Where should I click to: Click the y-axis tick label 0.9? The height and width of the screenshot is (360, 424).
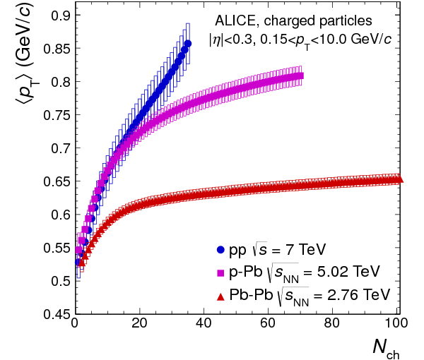click(x=57, y=15)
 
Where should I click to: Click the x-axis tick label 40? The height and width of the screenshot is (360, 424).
click(x=205, y=326)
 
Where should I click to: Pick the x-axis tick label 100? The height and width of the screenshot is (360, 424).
click(x=398, y=326)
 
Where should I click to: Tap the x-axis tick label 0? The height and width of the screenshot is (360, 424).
click(x=75, y=326)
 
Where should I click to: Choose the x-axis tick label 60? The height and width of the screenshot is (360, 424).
click(x=269, y=326)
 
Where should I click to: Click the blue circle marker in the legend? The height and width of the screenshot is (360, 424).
click(x=220, y=249)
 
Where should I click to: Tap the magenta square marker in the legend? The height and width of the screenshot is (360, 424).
click(x=220, y=271)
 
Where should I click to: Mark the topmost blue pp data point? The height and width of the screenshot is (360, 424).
click(x=187, y=44)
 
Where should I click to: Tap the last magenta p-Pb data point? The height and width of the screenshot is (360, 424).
click(x=300, y=76)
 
